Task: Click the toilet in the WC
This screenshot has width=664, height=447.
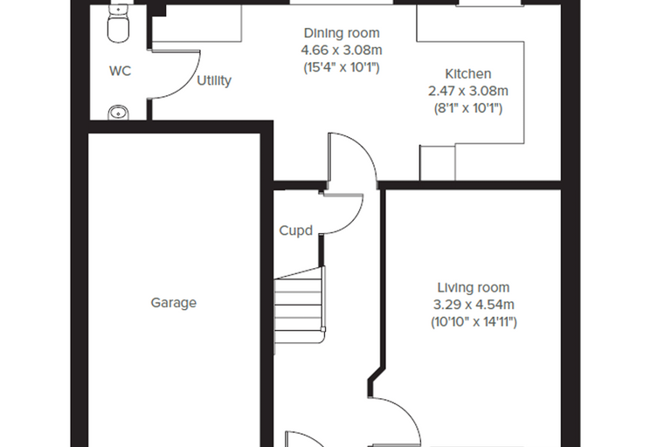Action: click(118, 24)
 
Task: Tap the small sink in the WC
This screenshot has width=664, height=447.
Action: click(119, 113)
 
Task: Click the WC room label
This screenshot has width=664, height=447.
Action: click(121, 71)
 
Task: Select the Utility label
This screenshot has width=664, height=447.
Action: click(214, 80)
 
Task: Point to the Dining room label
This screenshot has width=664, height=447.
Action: click(342, 33)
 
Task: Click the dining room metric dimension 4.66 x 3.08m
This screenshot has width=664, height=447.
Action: click(342, 50)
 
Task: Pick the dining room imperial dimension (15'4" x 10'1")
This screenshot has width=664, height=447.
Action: click(342, 67)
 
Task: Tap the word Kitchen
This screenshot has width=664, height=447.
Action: click(468, 73)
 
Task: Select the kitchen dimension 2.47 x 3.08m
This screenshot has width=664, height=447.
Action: click(468, 91)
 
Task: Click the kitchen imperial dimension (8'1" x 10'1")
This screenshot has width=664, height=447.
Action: click(468, 108)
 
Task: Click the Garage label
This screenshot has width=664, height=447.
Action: click(174, 303)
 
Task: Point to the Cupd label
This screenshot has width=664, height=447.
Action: click(296, 230)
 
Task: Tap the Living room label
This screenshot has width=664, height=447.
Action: click(474, 287)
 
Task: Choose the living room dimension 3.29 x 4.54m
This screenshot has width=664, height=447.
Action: click(474, 305)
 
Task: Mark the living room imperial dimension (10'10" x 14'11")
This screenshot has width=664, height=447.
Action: click(474, 322)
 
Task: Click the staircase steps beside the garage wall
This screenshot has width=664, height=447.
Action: click(300, 310)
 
